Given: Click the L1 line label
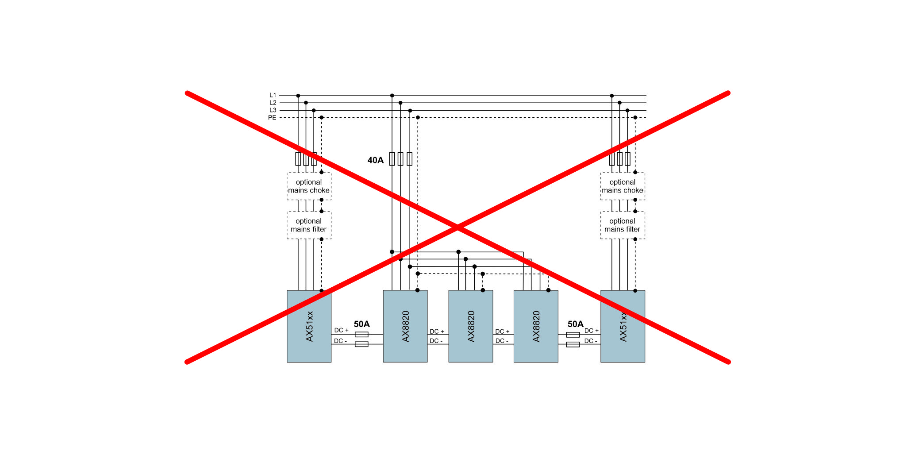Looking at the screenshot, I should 273,95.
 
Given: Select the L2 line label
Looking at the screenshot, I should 273,103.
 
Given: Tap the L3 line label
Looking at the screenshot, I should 273,110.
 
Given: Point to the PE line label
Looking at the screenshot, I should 272,118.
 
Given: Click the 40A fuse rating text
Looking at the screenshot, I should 376,160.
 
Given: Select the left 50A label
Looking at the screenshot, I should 361,324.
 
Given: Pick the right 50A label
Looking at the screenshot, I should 575,324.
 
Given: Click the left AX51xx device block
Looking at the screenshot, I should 309,326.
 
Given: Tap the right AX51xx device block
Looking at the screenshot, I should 623,326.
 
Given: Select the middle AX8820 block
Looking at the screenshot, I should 470,326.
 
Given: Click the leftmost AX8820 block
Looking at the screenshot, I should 405,326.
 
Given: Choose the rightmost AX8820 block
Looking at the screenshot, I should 536,326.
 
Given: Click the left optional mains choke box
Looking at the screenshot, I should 309,186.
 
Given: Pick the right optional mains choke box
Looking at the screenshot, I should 623,186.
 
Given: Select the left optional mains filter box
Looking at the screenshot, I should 309,225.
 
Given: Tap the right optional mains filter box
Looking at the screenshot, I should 623,225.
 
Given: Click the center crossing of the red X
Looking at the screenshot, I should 457,227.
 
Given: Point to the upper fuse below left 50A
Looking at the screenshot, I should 361,334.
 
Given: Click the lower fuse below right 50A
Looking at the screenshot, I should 573,344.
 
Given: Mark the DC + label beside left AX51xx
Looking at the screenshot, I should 341,330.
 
